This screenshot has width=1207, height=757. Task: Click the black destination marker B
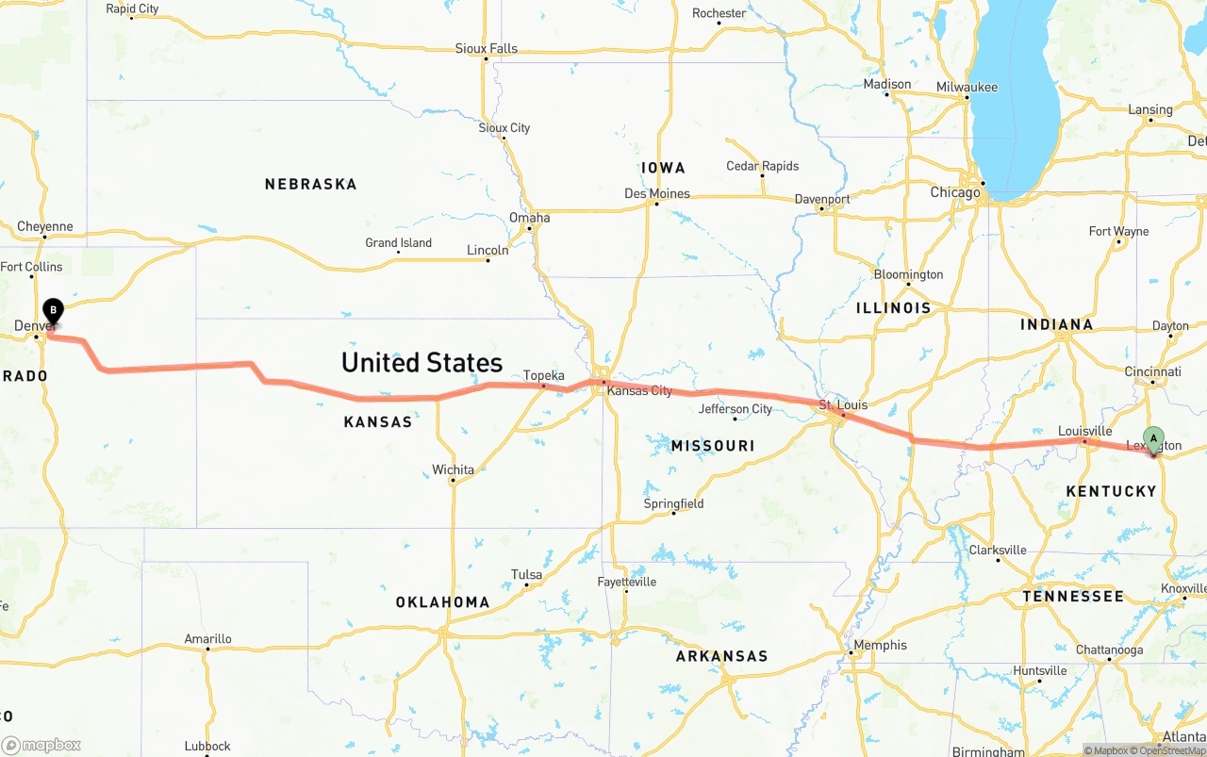pyautogui.click(x=54, y=310)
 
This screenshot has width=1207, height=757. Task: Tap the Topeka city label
pyautogui.click(x=544, y=375)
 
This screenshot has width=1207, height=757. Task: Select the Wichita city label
pyautogui.click(x=453, y=469)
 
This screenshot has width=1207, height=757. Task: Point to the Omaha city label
pyautogui.click(x=529, y=218)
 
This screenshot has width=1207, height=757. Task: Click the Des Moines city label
pyautogui.click(x=657, y=193)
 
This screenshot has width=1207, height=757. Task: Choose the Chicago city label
pyautogui.click(x=955, y=192)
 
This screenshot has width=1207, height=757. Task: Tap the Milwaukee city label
pyautogui.click(x=967, y=87)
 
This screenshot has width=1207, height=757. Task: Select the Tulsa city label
pyautogui.click(x=526, y=574)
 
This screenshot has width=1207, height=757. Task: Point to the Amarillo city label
pyautogui.click(x=207, y=638)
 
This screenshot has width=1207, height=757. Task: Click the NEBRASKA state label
pyautogui.click(x=310, y=184)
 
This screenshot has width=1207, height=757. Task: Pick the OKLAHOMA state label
pyautogui.click(x=442, y=601)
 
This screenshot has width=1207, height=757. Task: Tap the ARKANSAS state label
pyautogui.click(x=721, y=655)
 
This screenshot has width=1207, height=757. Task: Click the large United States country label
pyautogui.click(x=422, y=362)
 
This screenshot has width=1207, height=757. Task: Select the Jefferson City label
pyautogui.click(x=736, y=408)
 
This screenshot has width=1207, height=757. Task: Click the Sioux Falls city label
pyautogui.click(x=486, y=48)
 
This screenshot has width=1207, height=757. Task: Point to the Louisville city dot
pyautogui.click(x=1084, y=441)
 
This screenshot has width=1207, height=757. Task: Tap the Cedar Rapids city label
pyautogui.click(x=762, y=166)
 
